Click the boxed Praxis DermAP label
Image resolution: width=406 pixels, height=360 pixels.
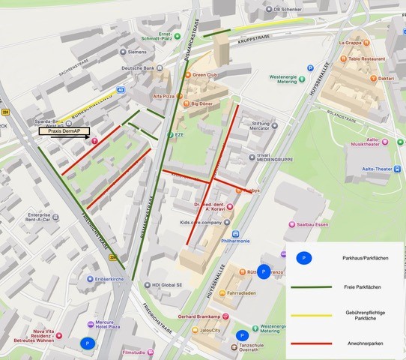(x=64, y=131)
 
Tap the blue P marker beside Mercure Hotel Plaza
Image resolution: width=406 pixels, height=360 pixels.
(x=88, y=343)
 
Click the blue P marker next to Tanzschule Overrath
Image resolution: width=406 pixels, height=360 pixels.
(x=242, y=335)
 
